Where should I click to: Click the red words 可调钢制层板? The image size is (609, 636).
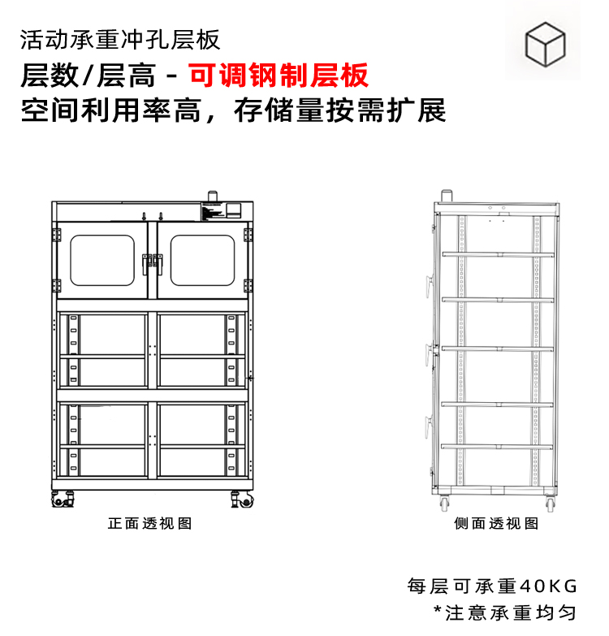[279, 76]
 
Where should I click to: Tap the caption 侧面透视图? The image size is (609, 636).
[496, 524]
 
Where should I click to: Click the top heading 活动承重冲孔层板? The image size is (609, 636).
[119, 39]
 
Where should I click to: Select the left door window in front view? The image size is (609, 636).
[102, 260]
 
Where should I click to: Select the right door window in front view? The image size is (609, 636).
[202, 260]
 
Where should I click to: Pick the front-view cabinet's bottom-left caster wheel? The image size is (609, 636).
[62, 500]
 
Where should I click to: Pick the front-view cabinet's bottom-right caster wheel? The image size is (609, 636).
[241, 500]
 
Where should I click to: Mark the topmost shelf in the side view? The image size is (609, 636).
[497, 254]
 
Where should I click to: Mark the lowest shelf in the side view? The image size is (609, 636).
[497, 445]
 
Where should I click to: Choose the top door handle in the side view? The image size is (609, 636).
[430, 281]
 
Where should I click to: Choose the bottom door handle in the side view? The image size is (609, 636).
[430, 422]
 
